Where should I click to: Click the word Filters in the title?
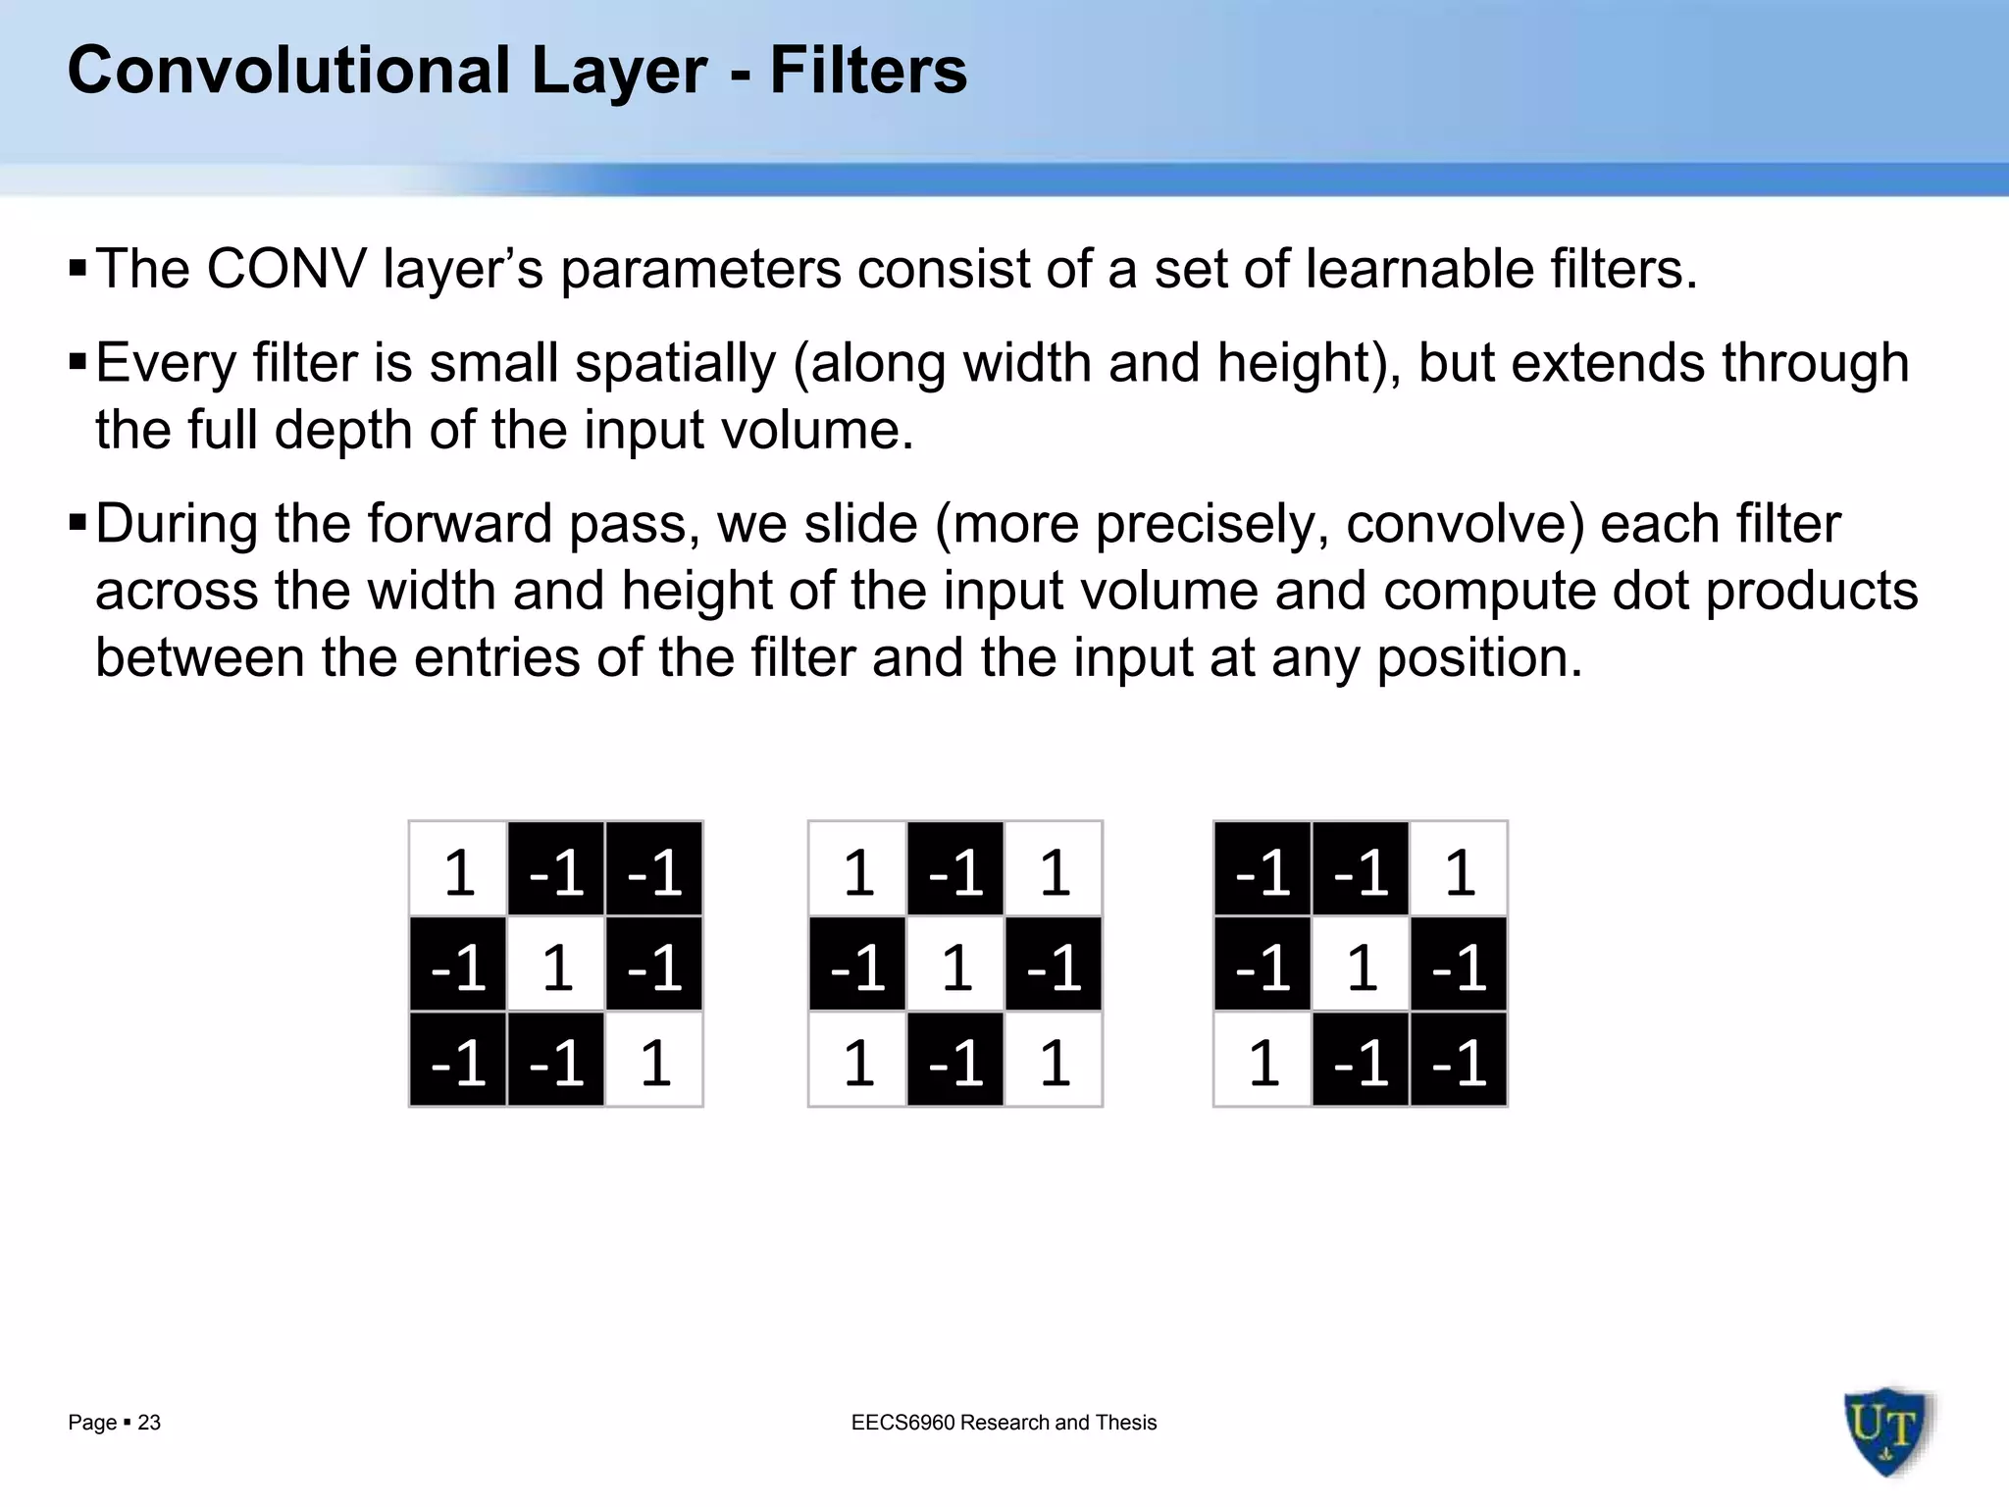(x=868, y=71)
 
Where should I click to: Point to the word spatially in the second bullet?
(x=676, y=363)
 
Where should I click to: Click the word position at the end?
(x=1479, y=657)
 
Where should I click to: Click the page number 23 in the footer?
(x=149, y=1423)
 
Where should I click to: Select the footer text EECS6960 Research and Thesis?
(x=1004, y=1423)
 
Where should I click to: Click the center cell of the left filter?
(x=556, y=965)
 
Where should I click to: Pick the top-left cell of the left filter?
(x=459, y=870)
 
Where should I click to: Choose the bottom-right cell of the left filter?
(x=654, y=1061)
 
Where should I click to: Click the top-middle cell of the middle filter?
(x=955, y=870)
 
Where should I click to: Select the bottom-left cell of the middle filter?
(x=858, y=1061)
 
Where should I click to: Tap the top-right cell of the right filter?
(x=1459, y=870)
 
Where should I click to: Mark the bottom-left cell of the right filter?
(x=1263, y=1061)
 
